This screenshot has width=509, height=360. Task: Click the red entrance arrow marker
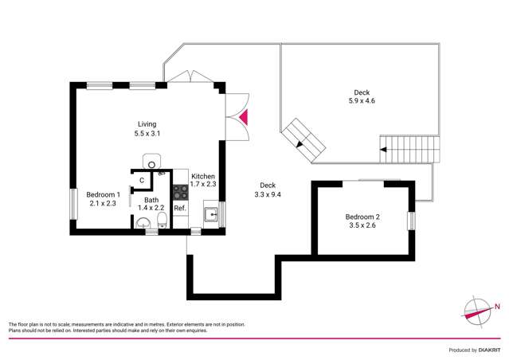244,117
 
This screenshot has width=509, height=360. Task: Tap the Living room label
147,124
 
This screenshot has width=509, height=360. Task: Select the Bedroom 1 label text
103,194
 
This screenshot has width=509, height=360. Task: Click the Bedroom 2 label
362,217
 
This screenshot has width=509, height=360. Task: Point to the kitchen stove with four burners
180,192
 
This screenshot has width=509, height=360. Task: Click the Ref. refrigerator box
180,208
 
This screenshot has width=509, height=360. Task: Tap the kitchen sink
211,213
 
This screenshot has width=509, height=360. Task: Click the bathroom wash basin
142,225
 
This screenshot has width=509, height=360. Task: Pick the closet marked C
141,181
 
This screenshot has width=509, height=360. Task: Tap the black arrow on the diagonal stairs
299,144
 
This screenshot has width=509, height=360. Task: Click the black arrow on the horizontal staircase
384,148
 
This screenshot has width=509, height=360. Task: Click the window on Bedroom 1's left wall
73,203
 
